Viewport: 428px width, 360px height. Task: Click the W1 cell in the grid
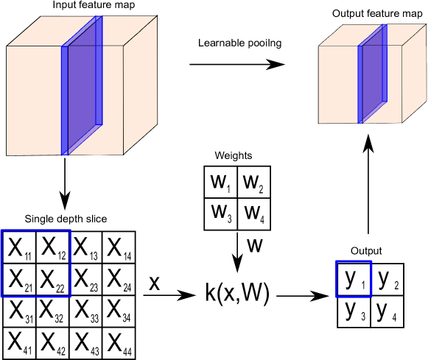pyautogui.click(x=221, y=183)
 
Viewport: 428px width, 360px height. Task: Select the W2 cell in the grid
pyautogui.click(x=253, y=183)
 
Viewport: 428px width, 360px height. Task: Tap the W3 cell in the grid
pyautogui.click(x=221, y=213)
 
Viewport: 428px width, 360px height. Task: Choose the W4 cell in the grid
pyautogui.click(x=253, y=213)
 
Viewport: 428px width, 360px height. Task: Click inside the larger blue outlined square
pyautogui.click(x=35, y=264)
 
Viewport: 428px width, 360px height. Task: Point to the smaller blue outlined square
pyautogui.click(x=354, y=279)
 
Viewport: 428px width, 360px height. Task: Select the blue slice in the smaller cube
pyautogui.click(x=373, y=74)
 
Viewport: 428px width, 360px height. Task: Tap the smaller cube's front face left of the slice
pyautogui.click(x=338, y=85)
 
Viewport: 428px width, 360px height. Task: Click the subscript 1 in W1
pyautogui.click(x=228, y=188)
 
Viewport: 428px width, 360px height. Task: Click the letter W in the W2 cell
pyautogui.click(x=250, y=183)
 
